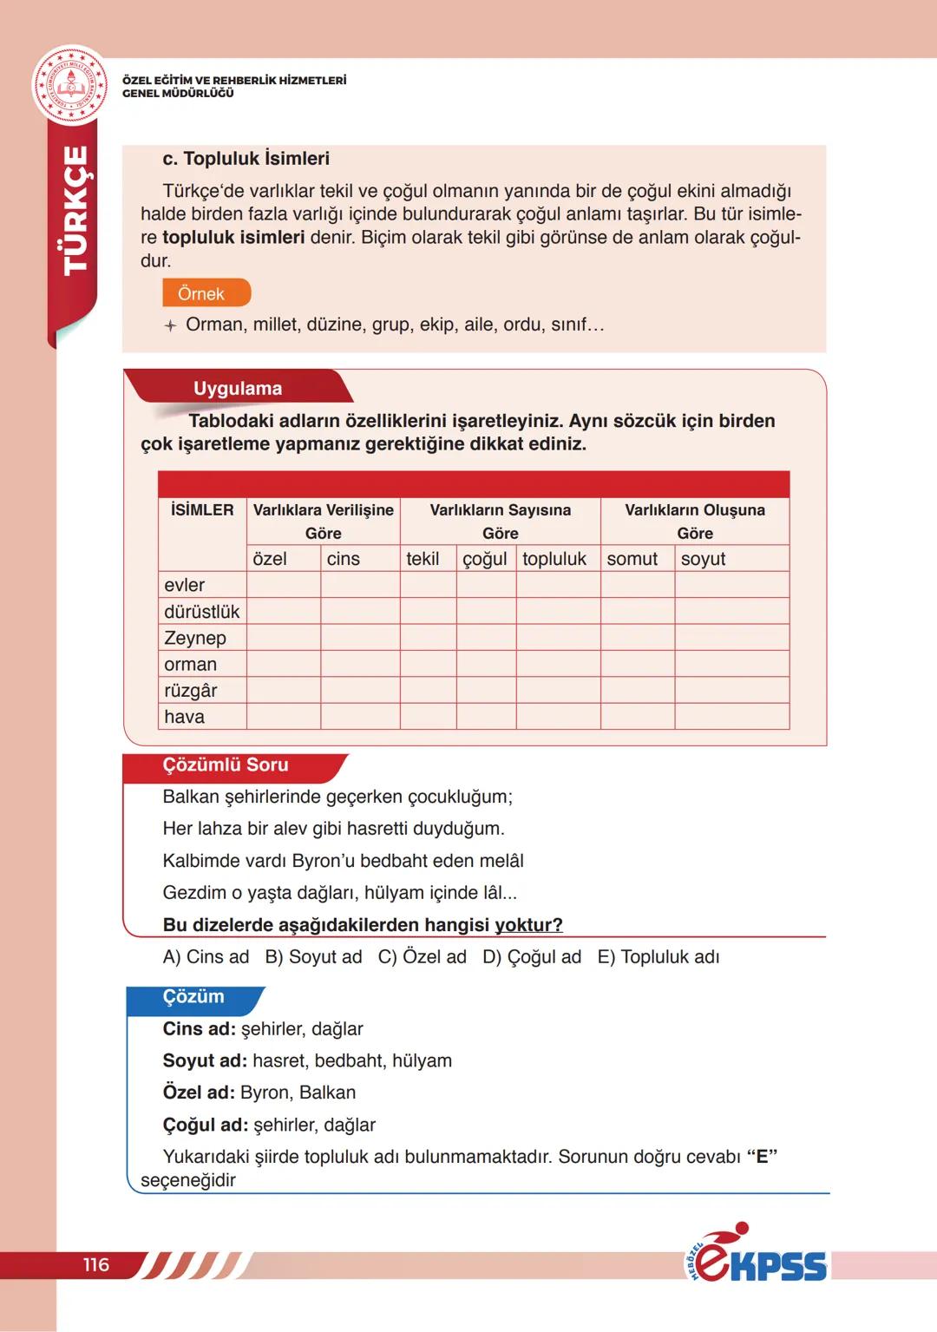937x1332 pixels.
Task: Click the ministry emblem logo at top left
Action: (x=70, y=85)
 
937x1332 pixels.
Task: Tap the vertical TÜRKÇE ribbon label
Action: (x=76, y=211)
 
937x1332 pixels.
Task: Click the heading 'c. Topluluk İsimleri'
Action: (x=246, y=159)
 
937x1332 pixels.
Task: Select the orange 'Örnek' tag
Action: (x=206, y=293)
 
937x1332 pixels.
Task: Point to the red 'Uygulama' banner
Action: (x=237, y=388)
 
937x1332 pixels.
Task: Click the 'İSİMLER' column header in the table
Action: (x=202, y=510)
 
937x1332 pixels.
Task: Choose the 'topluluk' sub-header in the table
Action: (x=554, y=559)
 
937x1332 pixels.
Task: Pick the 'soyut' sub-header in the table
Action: (x=703, y=559)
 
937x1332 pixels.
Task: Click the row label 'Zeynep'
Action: (x=195, y=638)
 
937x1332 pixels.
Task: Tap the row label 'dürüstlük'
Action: (x=201, y=612)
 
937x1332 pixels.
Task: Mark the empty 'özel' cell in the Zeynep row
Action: (x=284, y=638)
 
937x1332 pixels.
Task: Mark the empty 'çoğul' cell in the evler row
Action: (x=486, y=585)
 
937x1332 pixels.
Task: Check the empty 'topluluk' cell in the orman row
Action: (x=558, y=664)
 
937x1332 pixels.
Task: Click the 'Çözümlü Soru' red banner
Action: (x=226, y=765)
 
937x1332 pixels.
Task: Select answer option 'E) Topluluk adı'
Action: (x=659, y=957)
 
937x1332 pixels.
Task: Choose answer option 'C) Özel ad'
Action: (x=422, y=957)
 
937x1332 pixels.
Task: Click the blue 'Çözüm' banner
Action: (x=193, y=997)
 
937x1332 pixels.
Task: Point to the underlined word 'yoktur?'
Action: (x=528, y=925)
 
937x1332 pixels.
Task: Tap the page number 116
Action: (x=96, y=1264)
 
